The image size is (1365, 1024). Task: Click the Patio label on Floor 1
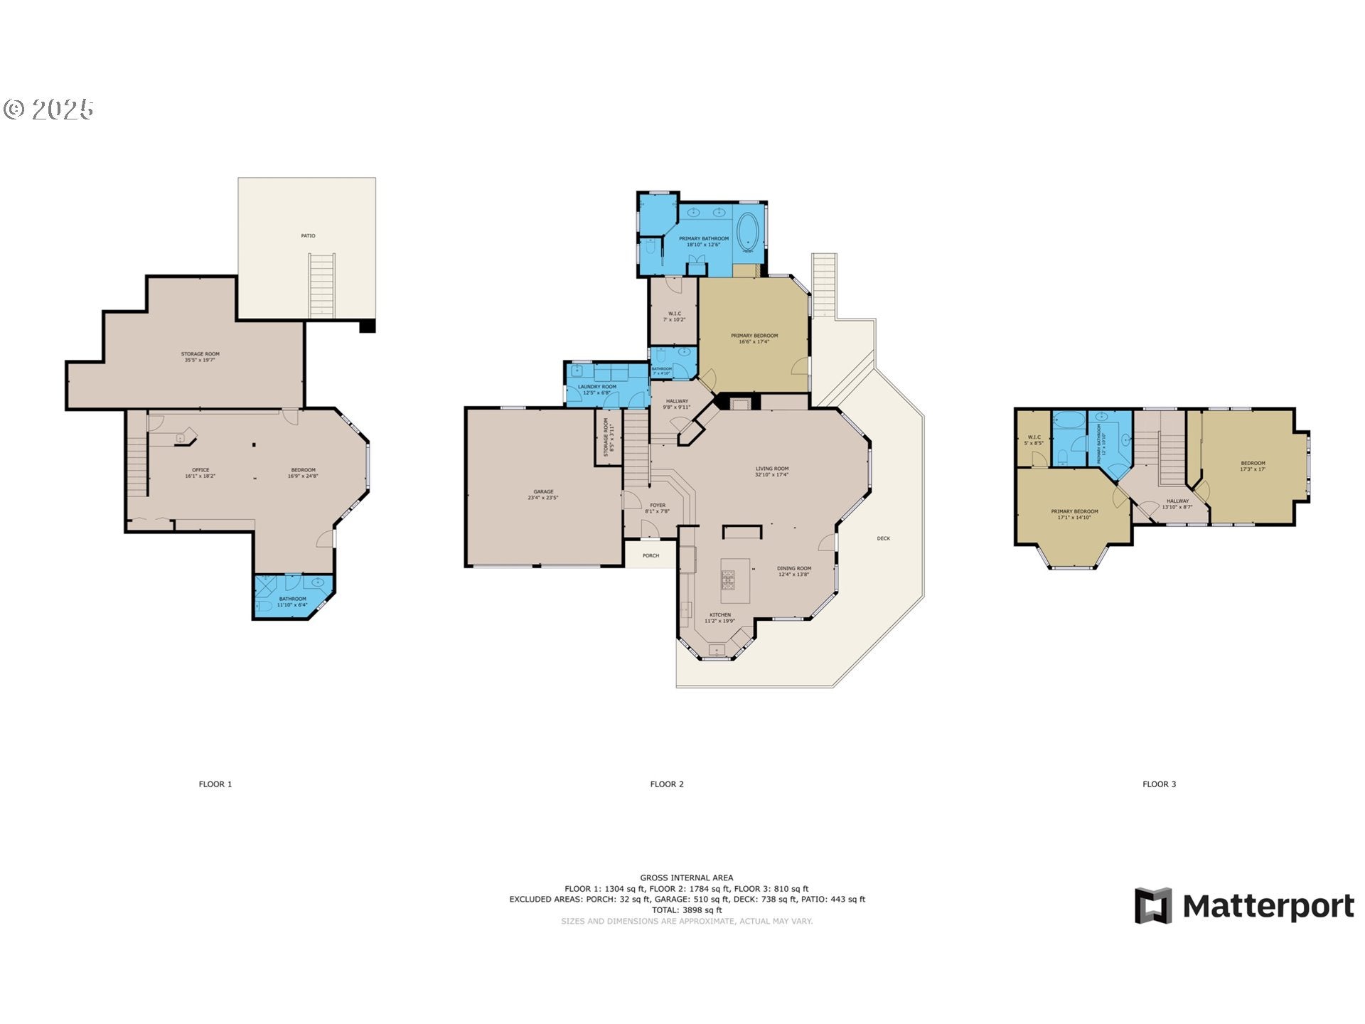(x=308, y=235)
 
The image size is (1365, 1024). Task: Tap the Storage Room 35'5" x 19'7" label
(x=200, y=356)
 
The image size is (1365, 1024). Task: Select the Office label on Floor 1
(x=200, y=473)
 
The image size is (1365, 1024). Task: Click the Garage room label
(x=543, y=494)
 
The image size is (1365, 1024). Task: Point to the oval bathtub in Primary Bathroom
(x=747, y=233)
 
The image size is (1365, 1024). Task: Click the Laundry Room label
(x=597, y=389)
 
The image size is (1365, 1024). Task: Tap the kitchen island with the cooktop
(x=735, y=575)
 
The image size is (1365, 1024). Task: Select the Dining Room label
(x=793, y=571)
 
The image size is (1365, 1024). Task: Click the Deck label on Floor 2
(x=883, y=538)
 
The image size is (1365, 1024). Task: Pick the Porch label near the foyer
(x=651, y=555)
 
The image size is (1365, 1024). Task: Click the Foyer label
(x=658, y=508)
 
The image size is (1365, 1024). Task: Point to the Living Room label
(x=771, y=471)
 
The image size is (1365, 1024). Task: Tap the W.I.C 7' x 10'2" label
(x=674, y=316)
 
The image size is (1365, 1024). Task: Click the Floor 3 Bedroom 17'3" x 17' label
(x=1253, y=466)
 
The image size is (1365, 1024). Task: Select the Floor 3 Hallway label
(x=1177, y=503)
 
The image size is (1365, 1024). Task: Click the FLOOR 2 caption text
(x=666, y=784)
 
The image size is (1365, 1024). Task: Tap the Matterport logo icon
(x=1152, y=905)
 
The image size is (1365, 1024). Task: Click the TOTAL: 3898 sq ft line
(x=687, y=910)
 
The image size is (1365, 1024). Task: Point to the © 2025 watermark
(x=48, y=109)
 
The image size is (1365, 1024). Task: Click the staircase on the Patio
(x=321, y=285)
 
